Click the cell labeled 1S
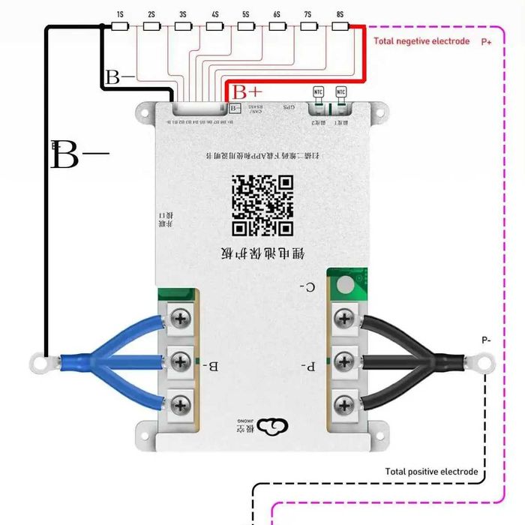120,26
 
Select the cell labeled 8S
340,26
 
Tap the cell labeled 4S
214,26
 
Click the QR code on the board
262,205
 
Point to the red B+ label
247,92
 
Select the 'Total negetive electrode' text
421,41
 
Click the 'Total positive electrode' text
431,472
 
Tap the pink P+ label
486,41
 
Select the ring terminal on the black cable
484,364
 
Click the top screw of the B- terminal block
180,319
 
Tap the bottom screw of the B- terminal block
180,406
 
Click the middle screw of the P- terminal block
344,361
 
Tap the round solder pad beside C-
344,286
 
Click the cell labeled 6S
277,26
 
